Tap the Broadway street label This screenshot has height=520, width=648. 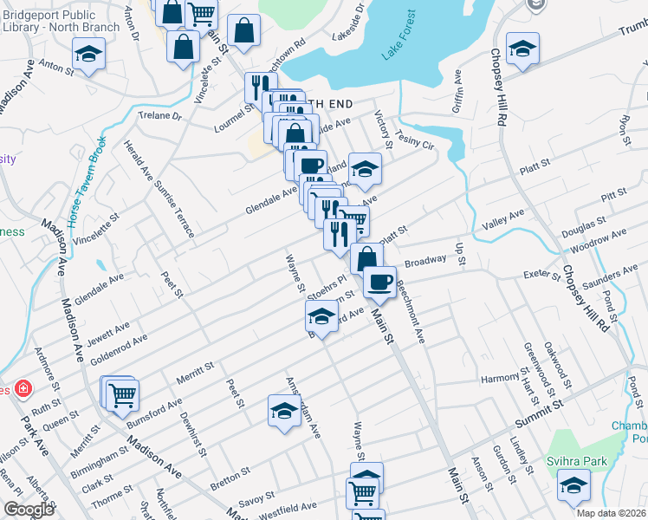(x=424, y=260)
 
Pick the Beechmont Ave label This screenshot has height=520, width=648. (x=410, y=311)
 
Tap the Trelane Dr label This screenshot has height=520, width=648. (x=161, y=115)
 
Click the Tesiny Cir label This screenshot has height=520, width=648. (x=413, y=140)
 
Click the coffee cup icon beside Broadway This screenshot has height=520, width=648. (x=379, y=282)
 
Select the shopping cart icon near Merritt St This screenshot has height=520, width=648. (x=121, y=394)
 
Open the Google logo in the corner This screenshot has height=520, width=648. (x=29, y=510)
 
